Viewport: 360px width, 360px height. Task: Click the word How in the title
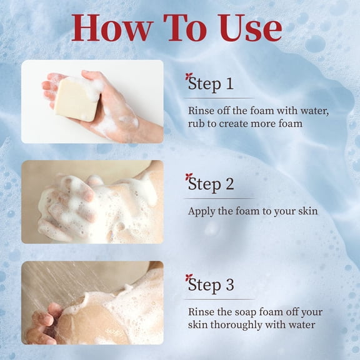point(112,28)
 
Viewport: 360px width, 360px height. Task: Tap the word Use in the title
point(251,28)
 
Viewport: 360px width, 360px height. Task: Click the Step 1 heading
point(211,84)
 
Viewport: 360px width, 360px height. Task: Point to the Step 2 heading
point(211,184)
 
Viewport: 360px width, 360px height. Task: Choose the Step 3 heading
point(211,285)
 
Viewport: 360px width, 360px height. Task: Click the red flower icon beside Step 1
point(189,76)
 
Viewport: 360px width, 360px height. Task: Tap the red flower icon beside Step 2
point(189,177)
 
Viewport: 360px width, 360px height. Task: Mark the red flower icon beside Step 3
point(189,277)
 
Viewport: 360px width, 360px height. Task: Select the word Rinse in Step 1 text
point(201,111)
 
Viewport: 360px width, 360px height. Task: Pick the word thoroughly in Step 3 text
point(236,325)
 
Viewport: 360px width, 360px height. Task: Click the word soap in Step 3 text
point(245,312)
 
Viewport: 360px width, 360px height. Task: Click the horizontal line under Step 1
point(219,98)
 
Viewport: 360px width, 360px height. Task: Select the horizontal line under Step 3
point(219,299)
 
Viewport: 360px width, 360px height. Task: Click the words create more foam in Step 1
point(261,124)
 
